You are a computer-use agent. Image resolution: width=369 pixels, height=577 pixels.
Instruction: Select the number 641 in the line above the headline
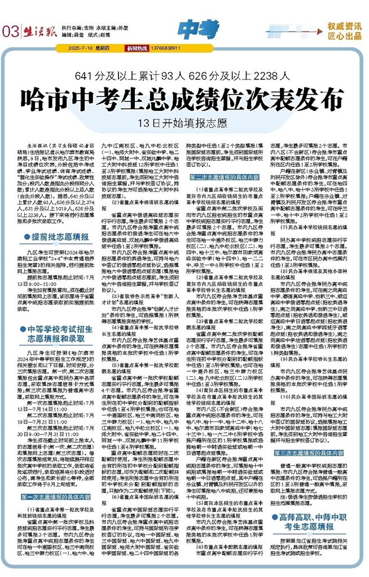coord(86,74)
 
